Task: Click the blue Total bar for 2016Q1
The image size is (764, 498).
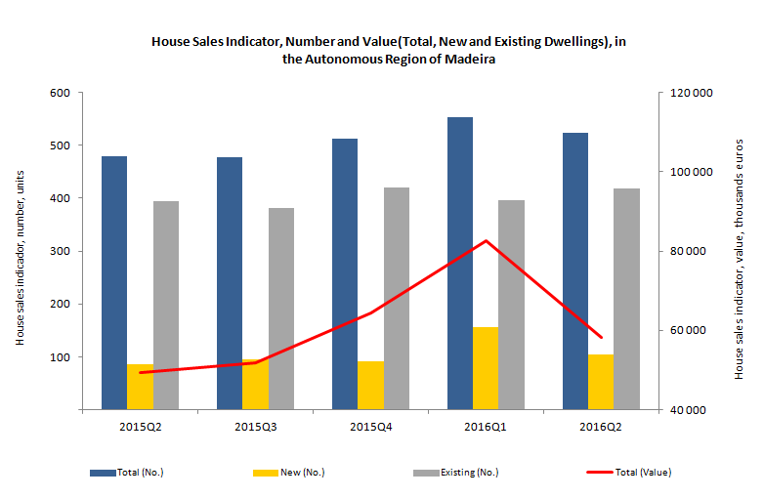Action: point(460,264)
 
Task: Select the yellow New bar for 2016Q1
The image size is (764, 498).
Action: point(486,368)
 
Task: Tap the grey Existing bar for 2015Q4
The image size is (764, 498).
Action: point(397,299)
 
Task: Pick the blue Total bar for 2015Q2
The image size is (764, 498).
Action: point(114,283)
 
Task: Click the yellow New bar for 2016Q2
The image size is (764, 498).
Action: point(601,382)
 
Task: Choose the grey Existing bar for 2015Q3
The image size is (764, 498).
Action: point(281,309)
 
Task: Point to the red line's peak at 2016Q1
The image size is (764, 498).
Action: point(486,240)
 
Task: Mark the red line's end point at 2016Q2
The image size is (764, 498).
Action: point(601,337)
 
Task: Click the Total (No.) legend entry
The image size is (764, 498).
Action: point(127,473)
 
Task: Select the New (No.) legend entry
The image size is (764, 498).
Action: point(289,473)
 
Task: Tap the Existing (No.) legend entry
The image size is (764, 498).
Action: point(456,473)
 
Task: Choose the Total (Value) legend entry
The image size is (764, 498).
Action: point(629,473)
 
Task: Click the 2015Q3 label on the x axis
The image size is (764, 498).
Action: point(256,427)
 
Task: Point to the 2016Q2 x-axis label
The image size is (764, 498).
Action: point(601,427)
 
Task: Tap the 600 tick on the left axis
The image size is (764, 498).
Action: point(60,93)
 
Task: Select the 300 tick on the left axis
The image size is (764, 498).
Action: point(60,251)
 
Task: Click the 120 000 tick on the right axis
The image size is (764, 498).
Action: point(692,93)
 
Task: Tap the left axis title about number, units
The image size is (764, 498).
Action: point(20,258)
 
